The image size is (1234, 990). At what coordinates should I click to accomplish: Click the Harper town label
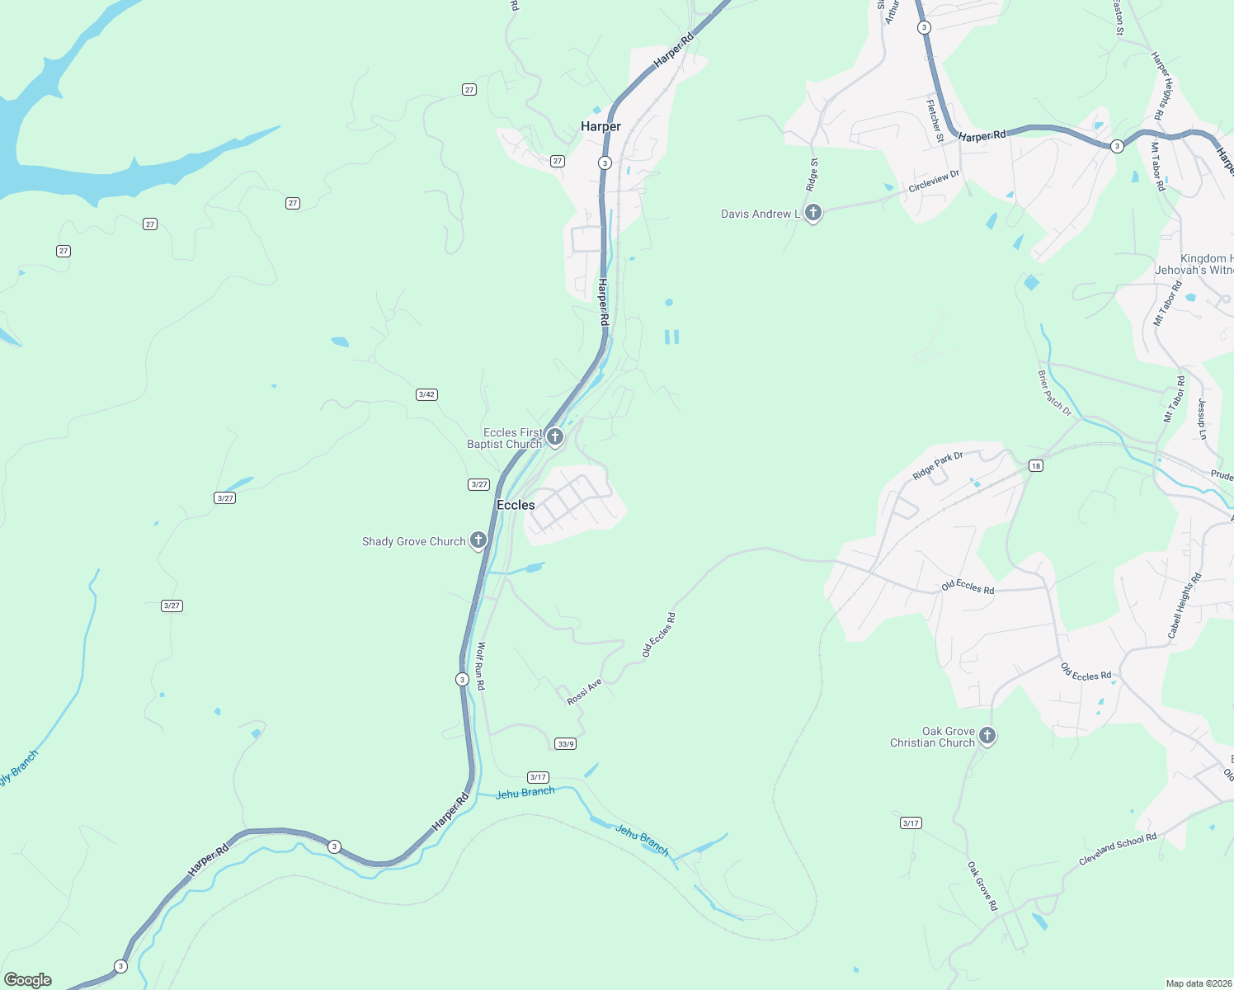tap(601, 126)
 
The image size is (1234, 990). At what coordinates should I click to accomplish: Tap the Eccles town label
tap(516, 505)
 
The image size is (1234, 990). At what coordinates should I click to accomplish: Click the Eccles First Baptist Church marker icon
tap(555, 436)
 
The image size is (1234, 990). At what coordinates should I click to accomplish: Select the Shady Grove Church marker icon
tap(478, 540)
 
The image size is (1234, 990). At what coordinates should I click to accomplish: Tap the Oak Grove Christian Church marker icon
tap(987, 735)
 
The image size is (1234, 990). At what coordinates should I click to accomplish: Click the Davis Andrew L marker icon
tap(812, 213)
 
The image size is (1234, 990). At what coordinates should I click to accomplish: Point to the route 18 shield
tap(1036, 466)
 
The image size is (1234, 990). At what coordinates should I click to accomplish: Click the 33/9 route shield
tap(566, 744)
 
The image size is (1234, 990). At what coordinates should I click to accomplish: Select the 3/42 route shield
tap(426, 394)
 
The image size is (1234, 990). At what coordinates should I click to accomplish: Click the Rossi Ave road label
tap(584, 692)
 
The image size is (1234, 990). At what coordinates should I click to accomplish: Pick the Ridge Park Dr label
tap(938, 467)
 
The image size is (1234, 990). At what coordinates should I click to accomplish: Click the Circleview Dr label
tap(935, 181)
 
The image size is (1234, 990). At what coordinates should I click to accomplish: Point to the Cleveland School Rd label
tap(1118, 849)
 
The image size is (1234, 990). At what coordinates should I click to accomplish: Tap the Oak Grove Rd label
tap(982, 886)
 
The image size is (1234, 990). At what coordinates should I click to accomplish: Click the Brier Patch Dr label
tap(1054, 393)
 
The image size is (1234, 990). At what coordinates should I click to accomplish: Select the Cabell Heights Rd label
tap(1185, 606)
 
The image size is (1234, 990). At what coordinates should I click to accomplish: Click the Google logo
tap(28, 980)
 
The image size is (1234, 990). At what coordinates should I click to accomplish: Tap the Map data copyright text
tap(1197, 983)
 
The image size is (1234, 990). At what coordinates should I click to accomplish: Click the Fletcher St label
tap(935, 121)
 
